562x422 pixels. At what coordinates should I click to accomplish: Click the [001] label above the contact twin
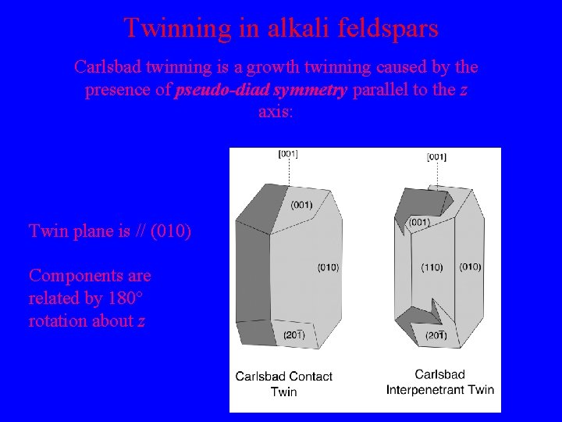tap(288, 154)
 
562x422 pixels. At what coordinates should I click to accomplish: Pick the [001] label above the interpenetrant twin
tap(437, 157)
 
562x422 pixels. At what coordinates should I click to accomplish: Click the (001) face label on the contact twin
tap(302, 205)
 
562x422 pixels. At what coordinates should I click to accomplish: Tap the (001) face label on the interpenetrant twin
tap(419, 223)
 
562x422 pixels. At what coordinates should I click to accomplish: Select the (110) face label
tap(432, 267)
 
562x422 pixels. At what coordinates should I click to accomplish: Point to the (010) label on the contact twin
tap(328, 267)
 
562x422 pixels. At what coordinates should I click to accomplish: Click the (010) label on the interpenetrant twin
tap(470, 267)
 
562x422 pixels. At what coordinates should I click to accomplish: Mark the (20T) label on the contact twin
tap(293, 335)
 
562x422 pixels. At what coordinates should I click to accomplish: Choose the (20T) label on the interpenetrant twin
tap(434, 335)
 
